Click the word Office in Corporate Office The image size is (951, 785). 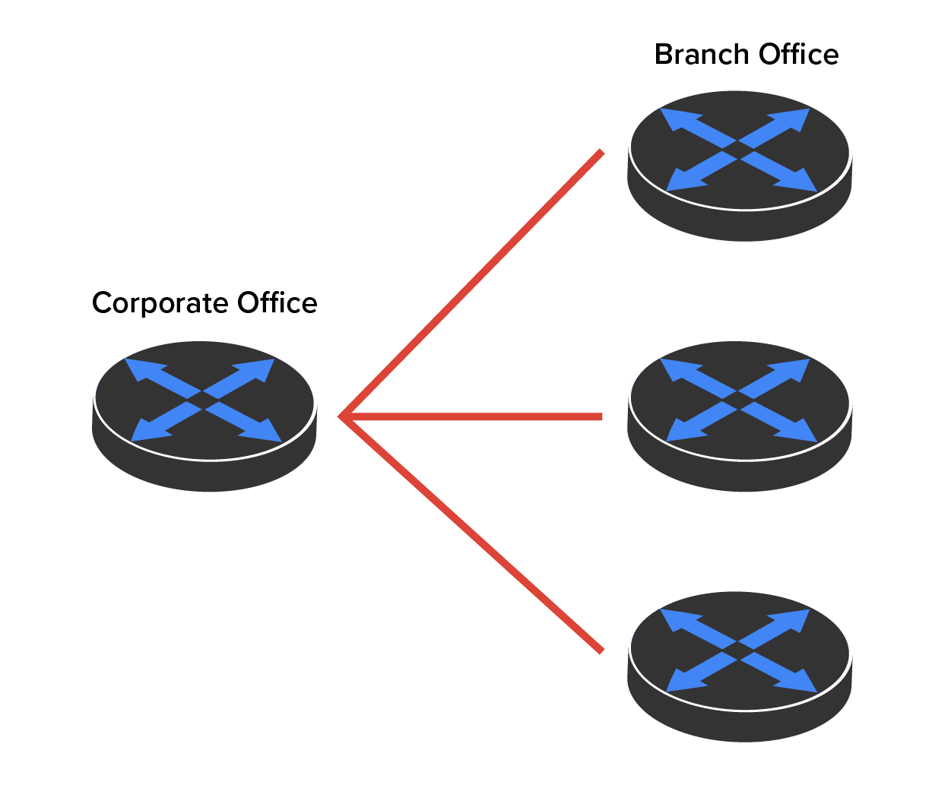point(277,302)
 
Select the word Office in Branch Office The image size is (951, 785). point(798,54)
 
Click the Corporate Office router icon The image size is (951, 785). point(204,416)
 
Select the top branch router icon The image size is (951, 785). point(740,166)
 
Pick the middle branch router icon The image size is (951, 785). point(740,416)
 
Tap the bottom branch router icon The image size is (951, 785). point(740,666)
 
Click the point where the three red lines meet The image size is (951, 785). point(341,416)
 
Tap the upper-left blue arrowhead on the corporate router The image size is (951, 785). point(142,369)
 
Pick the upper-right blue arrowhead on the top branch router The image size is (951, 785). point(791,119)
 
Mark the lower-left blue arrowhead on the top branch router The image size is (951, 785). point(683,179)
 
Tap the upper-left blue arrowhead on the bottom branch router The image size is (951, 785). point(677,619)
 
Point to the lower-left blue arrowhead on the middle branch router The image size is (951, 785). point(683,430)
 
